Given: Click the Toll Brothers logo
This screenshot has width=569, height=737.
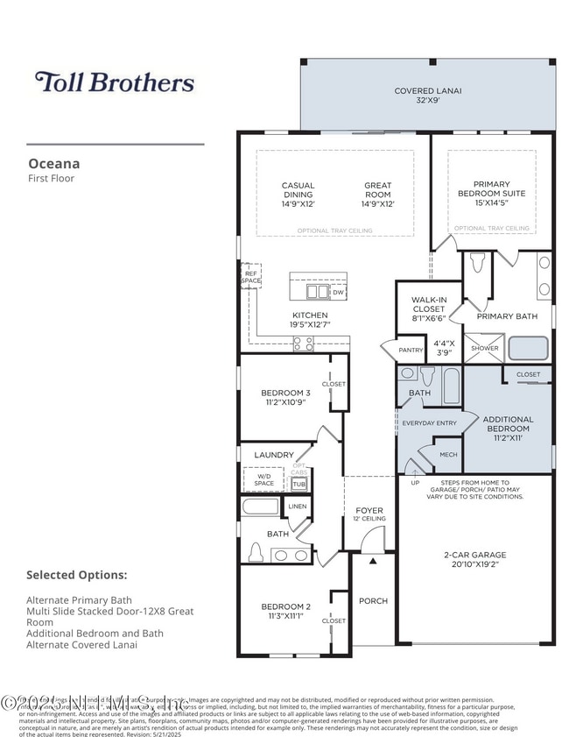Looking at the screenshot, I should pos(115,82).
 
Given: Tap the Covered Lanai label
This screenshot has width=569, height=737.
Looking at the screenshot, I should pos(427,96).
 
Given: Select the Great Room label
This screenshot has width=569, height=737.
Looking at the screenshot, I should pos(378,194).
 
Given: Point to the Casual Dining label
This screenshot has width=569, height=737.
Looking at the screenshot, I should pos(298,194).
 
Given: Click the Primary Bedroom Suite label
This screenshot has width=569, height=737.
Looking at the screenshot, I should pos(494,194).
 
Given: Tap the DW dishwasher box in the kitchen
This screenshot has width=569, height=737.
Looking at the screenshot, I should pos(338,292).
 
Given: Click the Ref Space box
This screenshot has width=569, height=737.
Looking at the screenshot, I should pos(251,277).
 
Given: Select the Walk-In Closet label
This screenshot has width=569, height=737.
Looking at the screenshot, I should pos(429,308).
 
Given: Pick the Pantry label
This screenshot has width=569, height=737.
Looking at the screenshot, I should pos(411,350).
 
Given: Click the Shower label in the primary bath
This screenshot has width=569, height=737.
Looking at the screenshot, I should pos(484,348).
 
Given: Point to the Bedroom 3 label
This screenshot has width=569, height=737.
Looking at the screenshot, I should pos(285,397).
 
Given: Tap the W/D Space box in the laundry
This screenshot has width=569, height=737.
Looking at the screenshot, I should pos(263,480).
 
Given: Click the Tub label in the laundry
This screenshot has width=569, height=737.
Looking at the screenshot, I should pos(299,484).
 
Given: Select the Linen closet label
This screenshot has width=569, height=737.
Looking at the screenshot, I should pos(298,507).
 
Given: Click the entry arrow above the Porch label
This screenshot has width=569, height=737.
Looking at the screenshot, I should pos(372,559).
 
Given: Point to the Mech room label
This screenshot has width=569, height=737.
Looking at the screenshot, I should pos(448,455).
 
